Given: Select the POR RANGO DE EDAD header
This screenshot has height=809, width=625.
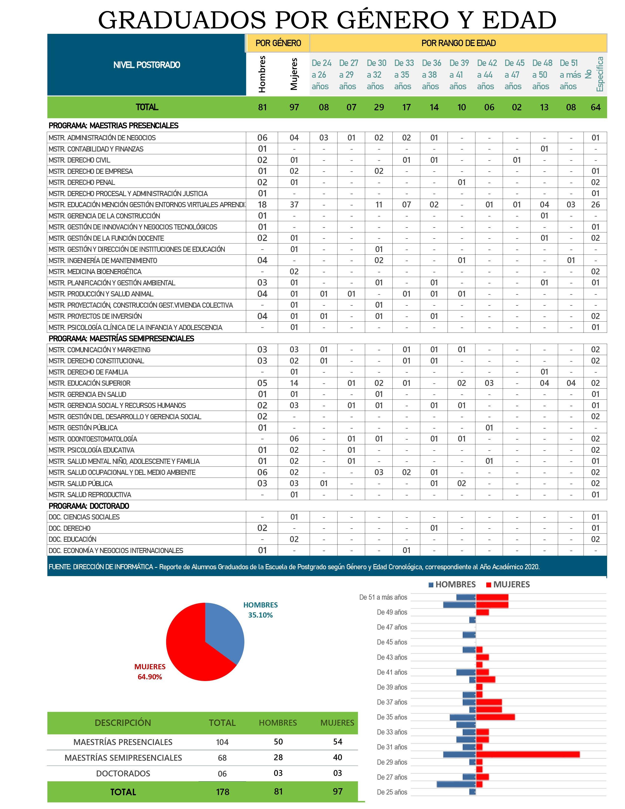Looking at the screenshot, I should (x=458, y=43).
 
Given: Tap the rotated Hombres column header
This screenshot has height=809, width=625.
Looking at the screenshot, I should (x=262, y=74).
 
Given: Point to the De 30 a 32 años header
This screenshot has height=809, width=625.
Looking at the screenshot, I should (x=376, y=75).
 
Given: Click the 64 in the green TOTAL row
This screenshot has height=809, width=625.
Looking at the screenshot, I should (x=595, y=107).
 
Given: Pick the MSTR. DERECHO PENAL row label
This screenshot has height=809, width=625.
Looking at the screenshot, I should (x=82, y=182).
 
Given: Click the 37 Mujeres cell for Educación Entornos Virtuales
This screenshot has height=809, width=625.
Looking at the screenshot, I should (x=294, y=204).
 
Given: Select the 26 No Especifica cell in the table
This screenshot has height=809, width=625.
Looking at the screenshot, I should (x=595, y=204).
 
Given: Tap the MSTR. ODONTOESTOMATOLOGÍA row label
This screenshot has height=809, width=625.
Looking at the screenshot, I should (x=93, y=439).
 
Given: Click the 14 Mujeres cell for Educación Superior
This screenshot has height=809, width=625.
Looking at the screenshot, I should (x=294, y=383).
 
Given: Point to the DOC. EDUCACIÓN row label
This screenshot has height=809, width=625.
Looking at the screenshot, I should (x=73, y=539).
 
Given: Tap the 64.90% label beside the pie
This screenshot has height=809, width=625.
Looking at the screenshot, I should (x=150, y=677).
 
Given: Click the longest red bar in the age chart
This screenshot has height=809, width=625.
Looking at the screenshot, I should (x=528, y=754).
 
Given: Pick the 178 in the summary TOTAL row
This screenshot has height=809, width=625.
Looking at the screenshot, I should (x=223, y=792).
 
